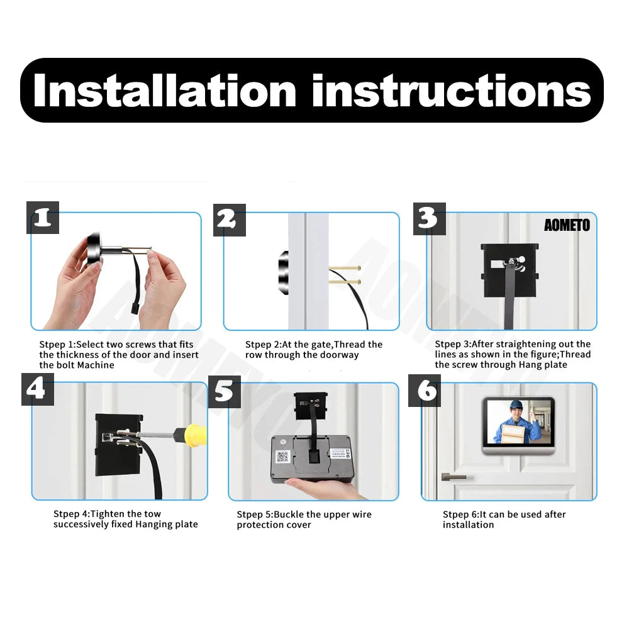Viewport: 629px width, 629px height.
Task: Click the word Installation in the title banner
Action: pyautogui.click(x=165, y=91)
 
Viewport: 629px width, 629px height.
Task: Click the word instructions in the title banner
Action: pyautogui.click(x=452, y=91)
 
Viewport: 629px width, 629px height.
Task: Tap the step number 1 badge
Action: pyautogui.click(x=43, y=218)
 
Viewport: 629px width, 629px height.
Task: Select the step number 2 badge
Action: pyautogui.click(x=230, y=220)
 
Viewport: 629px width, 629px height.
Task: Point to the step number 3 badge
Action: pyautogui.click(x=430, y=219)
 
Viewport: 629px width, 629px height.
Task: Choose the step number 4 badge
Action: pyautogui.click(x=38, y=389)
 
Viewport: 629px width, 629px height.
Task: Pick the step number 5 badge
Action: pyautogui.click(x=225, y=391)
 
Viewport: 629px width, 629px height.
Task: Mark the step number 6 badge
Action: pyautogui.click(x=425, y=391)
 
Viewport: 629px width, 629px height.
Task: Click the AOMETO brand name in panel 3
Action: pyautogui.click(x=567, y=225)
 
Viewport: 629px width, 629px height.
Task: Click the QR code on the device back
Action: pyautogui.click(x=282, y=457)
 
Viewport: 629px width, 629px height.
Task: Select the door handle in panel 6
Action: pyautogui.click(x=454, y=477)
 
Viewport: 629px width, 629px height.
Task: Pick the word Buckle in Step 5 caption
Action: pyautogui.click(x=289, y=515)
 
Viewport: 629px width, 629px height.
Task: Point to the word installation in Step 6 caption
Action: pyautogui.click(x=468, y=525)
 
